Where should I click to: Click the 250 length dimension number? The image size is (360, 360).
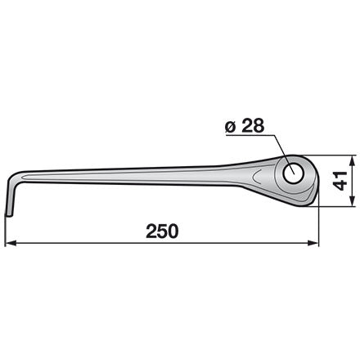click(162, 232)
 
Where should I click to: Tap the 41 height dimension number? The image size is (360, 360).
click(340, 181)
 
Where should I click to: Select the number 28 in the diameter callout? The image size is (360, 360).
click(253, 126)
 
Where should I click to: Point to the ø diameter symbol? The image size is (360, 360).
click(231, 127)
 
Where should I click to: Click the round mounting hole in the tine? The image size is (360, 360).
click(293, 174)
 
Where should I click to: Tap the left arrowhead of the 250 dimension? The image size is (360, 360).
click(11, 243)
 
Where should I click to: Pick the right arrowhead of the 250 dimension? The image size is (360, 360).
click(313, 243)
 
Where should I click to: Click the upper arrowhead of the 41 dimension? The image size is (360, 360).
click(353, 161)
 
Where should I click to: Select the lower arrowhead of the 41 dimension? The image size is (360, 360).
click(353, 200)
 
